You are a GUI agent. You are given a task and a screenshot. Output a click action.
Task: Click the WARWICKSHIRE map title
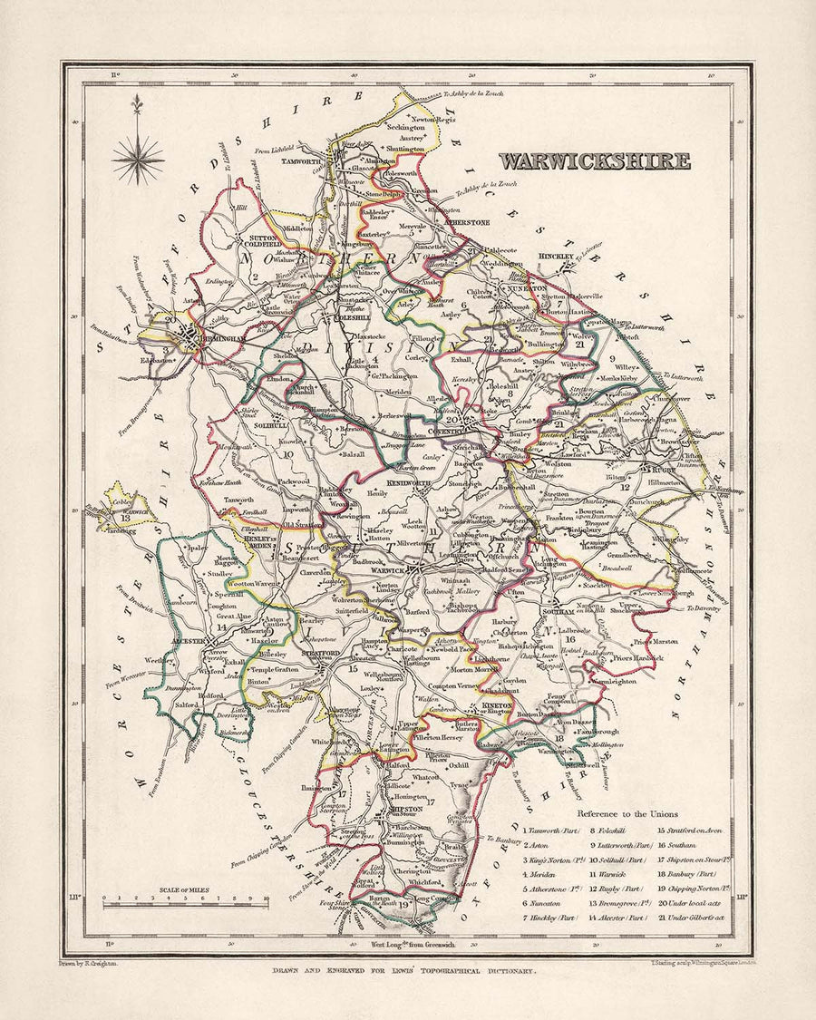click(x=594, y=161)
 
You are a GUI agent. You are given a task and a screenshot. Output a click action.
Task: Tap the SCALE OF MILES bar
click(x=185, y=899)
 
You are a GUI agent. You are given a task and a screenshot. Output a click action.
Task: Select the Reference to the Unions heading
click(x=627, y=814)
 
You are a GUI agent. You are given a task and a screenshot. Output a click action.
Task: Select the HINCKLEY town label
click(x=557, y=257)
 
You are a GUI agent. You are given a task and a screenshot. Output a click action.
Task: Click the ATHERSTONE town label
click(x=466, y=222)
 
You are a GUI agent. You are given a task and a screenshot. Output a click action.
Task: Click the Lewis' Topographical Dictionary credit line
click(x=407, y=970)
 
